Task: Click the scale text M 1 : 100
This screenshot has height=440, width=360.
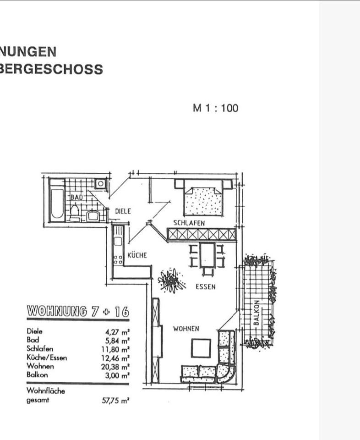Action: (216, 109)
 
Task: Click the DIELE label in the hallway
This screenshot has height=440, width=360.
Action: (123, 211)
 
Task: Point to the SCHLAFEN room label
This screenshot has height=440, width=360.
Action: (189, 223)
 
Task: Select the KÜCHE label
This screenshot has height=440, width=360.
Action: (137, 255)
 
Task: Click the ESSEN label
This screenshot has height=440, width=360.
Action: (205, 287)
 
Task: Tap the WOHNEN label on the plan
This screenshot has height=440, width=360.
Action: (186, 329)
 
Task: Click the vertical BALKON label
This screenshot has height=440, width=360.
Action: (257, 313)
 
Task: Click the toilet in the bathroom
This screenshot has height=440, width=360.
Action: (75, 212)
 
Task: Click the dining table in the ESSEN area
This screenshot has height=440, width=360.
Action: (207, 256)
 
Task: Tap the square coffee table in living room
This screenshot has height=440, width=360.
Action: (201, 348)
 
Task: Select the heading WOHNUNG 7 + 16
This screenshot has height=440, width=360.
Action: (78, 312)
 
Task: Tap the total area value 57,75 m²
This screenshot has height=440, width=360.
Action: (115, 400)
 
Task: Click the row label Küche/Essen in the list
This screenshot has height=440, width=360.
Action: (47, 357)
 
